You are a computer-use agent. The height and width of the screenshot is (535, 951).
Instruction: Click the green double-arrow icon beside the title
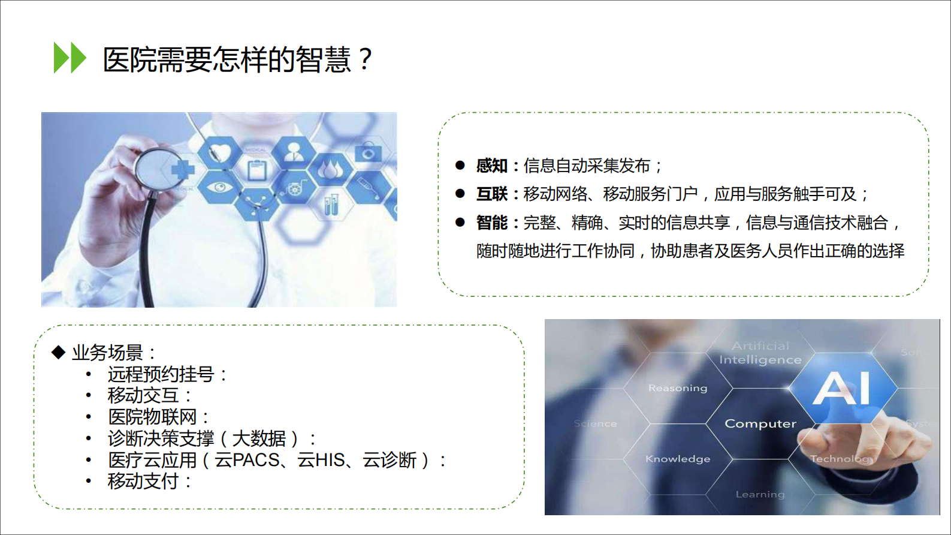[x=70, y=58]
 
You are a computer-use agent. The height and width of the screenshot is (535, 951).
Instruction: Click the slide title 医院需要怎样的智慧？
[x=238, y=59]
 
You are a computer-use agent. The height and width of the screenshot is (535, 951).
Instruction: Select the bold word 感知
[x=491, y=166]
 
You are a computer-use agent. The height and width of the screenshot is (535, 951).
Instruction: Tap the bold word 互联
[x=491, y=194]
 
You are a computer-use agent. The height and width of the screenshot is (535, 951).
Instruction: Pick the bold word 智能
[x=491, y=223]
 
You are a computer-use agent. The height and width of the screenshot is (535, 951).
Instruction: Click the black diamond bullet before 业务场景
[x=58, y=352]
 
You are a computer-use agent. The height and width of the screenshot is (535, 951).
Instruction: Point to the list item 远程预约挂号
[x=161, y=374]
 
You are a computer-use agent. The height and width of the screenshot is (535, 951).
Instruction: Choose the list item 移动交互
[x=143, y=395]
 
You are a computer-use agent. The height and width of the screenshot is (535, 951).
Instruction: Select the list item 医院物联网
[x=152, y=417]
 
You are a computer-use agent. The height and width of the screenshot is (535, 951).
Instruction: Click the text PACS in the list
[x=256, y=460]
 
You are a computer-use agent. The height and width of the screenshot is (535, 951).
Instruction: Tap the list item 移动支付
[x=143, y=481]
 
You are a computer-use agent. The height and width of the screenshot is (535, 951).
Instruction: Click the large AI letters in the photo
[x=842, y=388]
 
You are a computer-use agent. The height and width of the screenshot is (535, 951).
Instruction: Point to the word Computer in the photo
[x=760, y=423]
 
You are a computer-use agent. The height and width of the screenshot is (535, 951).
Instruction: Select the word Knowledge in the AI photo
[x=678, y=459]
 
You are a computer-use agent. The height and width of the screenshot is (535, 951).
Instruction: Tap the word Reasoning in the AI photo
[x=678, y=388]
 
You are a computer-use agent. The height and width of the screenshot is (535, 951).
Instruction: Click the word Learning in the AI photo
[x=760, y=494]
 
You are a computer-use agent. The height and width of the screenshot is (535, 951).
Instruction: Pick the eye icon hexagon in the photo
[x=220, y=188]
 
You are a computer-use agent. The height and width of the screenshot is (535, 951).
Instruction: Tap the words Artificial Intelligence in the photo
[x=760, y=353]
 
